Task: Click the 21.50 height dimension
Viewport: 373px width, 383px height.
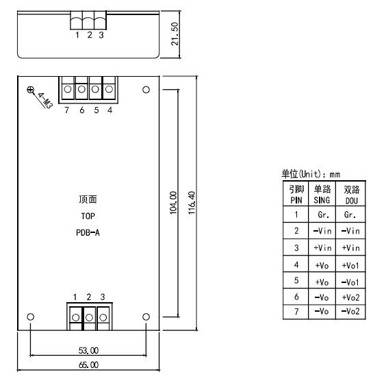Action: point(175,34)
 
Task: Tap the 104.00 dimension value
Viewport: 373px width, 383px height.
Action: point(173,203)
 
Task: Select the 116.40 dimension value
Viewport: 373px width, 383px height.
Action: point(192,203)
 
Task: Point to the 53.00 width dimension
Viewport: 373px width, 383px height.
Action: point(88,351)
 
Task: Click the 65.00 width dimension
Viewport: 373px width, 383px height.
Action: point(88,365)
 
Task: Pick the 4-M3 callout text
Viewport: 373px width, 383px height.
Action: point(45,101)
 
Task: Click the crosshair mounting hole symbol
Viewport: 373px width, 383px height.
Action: point(31,90)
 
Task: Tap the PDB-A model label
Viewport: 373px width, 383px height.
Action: point(88,233)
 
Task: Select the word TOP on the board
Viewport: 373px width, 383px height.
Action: point(88,217)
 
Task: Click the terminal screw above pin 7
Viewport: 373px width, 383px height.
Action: point(68,89)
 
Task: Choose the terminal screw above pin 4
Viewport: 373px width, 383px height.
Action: point(110,89)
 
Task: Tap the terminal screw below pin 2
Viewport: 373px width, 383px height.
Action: point(89,317)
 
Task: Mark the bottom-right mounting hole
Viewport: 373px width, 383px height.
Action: point(146,317)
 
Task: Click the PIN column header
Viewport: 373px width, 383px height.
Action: point(296,200)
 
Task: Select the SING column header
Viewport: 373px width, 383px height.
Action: point(322,200)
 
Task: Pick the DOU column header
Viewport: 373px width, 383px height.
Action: point(352,201)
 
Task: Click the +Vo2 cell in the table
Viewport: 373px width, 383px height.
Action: point(350,297)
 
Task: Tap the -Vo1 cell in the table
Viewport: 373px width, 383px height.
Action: point(350,282)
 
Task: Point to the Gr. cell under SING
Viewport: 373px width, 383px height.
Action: point(324,214)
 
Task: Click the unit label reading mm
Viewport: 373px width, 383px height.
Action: point(335,175)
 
